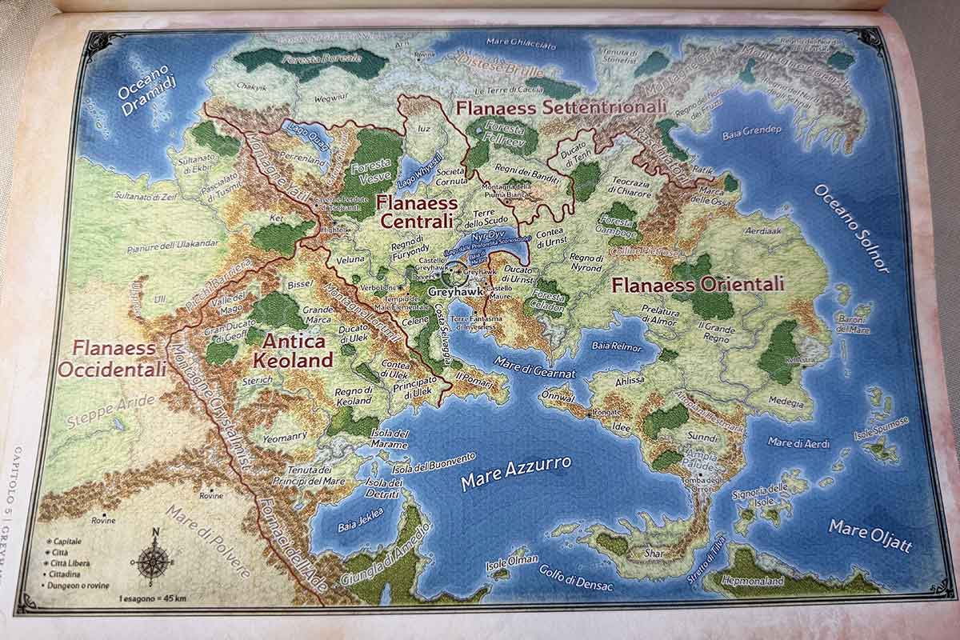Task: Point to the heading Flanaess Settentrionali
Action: (x=560, y=106)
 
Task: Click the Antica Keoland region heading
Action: (x=292, y=350)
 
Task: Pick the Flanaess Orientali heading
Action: (x=698, y=284)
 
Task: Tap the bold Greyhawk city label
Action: (x=453, y=292)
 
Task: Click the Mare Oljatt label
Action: (x=870, y=536)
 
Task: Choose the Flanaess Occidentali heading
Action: (x=112, y=358)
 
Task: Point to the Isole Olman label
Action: (x=512, y=562)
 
